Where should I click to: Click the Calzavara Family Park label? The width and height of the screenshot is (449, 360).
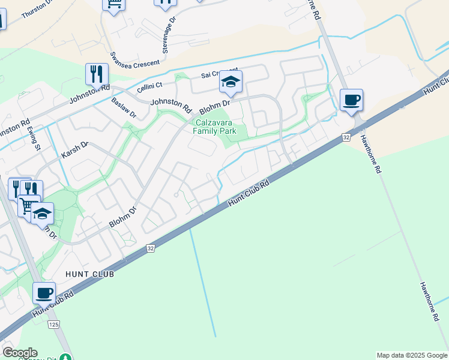[x=214, y=127]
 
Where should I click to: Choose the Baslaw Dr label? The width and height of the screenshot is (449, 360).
[x=125, y=108]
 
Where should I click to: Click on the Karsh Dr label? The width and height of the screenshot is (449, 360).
[x=75, y=150]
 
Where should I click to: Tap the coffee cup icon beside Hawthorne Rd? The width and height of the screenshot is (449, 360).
[x=352, y=100]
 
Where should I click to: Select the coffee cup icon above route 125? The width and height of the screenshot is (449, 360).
[x=44, y=293]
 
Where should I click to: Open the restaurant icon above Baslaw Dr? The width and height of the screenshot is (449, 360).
[x=97, y=74]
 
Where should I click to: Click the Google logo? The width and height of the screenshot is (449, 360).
[x=20, y=353]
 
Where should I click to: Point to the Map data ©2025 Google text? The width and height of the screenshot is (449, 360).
[x=412, y=355]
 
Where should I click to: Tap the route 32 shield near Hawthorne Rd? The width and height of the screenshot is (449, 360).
[x=346, y=137]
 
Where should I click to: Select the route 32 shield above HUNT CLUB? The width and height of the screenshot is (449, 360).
[x=150, y=248]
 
